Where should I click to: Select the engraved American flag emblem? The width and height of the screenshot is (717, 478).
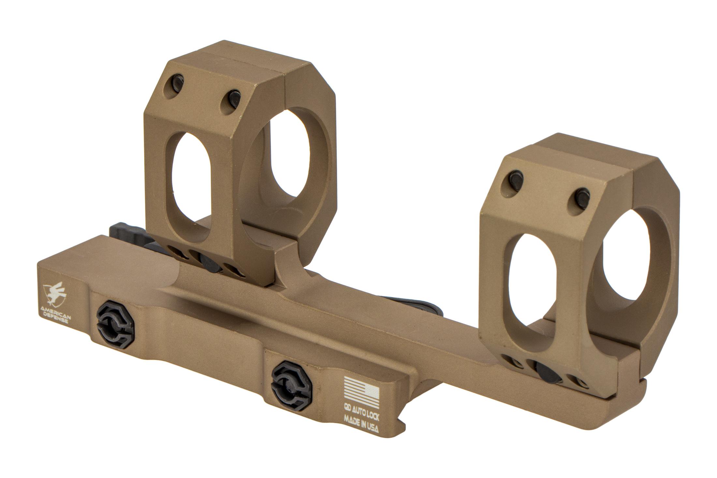coord(361,393)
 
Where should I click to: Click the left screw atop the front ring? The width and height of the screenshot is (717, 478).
coord(517,178)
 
